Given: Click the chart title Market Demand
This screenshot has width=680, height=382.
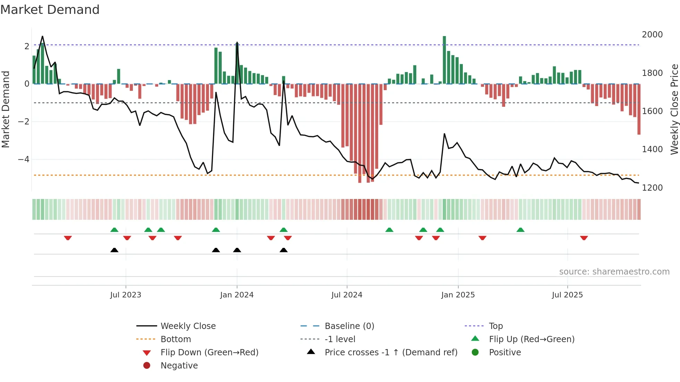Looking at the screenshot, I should (x=50, y=10).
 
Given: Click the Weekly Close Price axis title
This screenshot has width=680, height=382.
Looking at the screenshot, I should (x=674, y=109).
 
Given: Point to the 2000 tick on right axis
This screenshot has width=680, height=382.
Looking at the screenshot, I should (x=652, y=35).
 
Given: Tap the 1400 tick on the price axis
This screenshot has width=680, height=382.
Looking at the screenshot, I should (x=652, y=149).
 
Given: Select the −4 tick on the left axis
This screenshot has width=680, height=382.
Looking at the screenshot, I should (x=24, y=159).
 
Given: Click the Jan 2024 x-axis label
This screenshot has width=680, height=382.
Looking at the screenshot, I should (x=237, y=295).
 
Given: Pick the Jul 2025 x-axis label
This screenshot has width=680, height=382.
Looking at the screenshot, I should (x=567, y=295).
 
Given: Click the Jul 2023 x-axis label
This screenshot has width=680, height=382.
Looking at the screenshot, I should (x=126, y=295).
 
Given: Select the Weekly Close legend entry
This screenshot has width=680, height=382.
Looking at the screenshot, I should (x=188, y=326).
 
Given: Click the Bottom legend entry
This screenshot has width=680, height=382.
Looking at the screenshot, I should (x=176, y=339).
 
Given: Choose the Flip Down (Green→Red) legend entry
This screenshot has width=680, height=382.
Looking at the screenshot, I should (x=209, y=353).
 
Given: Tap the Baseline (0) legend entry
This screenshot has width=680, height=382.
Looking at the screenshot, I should (x=349, y=326).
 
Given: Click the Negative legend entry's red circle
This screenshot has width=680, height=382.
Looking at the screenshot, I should (x=147, y=366).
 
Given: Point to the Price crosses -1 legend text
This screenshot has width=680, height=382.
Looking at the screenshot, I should (x=391, y=353).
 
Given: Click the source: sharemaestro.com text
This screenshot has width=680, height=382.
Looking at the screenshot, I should (x=614, y=272).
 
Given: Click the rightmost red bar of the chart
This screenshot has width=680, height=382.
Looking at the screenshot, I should (x=639, y=109).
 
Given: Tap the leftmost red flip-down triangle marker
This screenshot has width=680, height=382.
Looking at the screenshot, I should (x=68, y=238).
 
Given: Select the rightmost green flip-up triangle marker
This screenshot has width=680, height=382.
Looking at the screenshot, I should (x=520, y=230).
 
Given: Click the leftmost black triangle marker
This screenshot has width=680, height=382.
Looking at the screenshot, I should (x=114, y=250).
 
